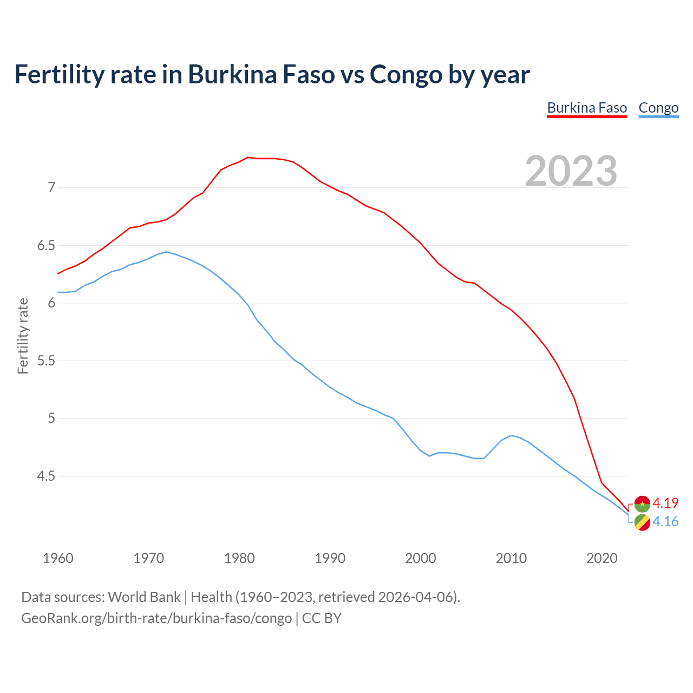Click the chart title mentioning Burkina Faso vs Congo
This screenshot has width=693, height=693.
272,74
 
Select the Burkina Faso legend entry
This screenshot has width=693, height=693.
587,108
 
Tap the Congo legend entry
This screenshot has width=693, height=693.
658,108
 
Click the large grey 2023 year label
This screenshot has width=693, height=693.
571,171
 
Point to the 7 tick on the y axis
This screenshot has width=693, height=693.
51,188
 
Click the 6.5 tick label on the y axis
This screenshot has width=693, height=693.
46,245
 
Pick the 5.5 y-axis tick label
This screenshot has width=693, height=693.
46,361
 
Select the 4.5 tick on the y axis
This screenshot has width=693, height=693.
46,476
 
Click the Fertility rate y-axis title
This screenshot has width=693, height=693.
23,336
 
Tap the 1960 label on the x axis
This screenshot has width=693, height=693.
58,558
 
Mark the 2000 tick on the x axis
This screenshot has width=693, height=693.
421,558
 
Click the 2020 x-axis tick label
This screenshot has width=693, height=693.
602,558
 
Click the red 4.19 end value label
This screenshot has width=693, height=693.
665,503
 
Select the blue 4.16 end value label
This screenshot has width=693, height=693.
665,521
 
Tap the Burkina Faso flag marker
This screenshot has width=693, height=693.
642,504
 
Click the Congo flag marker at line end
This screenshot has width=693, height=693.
642,523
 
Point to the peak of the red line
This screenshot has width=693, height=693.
248,158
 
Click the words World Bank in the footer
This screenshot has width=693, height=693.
144,597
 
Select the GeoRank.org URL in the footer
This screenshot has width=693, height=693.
156,618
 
